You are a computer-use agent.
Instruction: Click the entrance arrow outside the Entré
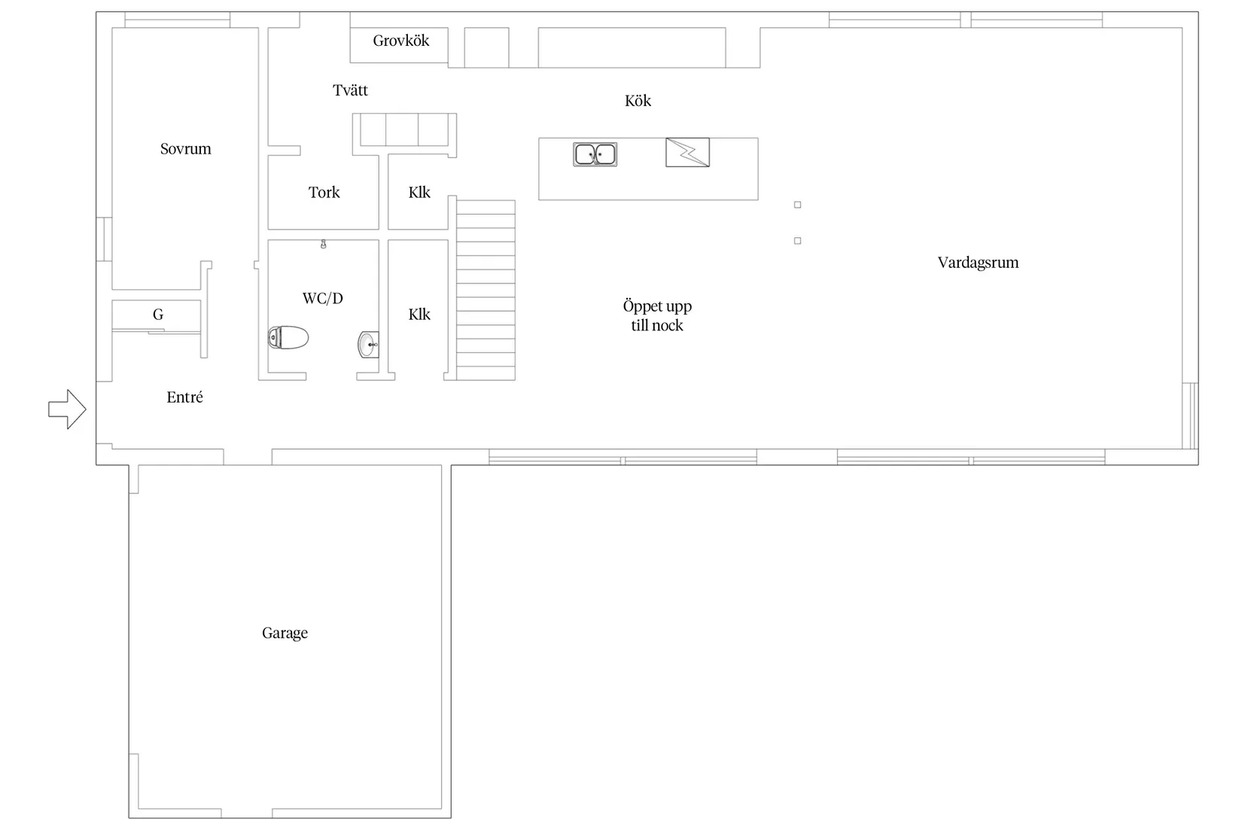tap(67, 409)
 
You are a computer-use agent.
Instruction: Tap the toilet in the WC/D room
tap(288, 337)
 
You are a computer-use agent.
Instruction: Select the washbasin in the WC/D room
tap(368, 345)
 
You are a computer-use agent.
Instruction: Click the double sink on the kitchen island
tap(595, 154)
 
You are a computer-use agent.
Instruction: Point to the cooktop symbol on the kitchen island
tap(687, 153)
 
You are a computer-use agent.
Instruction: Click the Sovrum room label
tap(186, 148)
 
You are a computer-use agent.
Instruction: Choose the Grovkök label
tap(401, 41)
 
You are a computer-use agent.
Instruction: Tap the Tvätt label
tap(350, 90)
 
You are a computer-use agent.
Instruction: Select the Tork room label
tap(324, 193)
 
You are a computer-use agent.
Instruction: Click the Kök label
tap(638, 100)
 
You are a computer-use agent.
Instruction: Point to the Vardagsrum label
tap(978, 262)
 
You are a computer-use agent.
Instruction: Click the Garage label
tap(285, 633)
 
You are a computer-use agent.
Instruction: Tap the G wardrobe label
tap(158, 315)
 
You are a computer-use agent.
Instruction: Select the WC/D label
tap(323, 298)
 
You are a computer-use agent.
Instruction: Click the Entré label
tap(184, 397)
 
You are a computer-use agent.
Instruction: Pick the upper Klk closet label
tap(419, 193)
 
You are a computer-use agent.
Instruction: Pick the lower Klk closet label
tap(419, 315)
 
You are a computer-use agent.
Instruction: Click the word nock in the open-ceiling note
tap(668, 325)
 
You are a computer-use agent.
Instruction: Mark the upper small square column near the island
tap(797, 205)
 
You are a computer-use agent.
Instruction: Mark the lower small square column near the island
tap(797, 241)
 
